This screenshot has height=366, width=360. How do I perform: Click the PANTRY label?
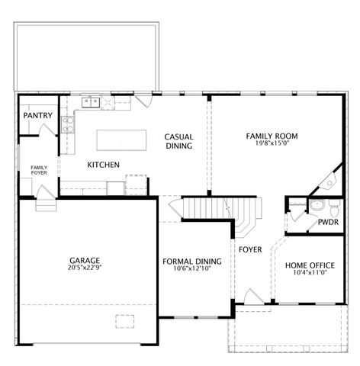[x=37, y=115]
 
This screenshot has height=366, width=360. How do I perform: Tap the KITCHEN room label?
[x=103, y=165]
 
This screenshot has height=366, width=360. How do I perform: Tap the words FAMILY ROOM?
[x=272, y=136]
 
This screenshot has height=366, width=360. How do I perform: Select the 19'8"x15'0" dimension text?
[x=272, y=145]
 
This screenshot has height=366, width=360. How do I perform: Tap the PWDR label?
[x=329, y=223]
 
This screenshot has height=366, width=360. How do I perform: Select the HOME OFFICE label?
[x=310, y=265]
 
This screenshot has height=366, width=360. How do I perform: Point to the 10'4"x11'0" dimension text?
[x=310, y=274]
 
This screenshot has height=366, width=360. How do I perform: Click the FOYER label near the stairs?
[x=250, y=249]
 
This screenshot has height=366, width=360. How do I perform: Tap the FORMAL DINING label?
[x=192, y=262]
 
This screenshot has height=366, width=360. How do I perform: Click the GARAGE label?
[x=85, y=259]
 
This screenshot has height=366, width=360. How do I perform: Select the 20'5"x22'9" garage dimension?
[x=85, y=268]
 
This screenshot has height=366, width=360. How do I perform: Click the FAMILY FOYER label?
[x=40, y=170]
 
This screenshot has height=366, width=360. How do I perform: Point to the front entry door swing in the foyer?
[x=252, y=296]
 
